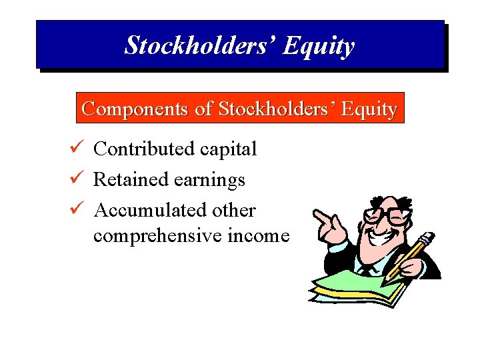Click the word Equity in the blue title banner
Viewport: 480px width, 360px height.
pyautogui.click(x=319, y=46)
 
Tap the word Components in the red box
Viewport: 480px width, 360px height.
pyautogui.click(x=135, y=109)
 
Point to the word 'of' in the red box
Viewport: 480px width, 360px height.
pyautogui.click(x=204, y=109)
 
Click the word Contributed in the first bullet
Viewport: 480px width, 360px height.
pyautogui.click(x=145, y=149)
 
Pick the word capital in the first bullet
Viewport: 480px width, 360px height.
pyautogui.click(x=229, y=150)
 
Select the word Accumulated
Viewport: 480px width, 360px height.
pyautogui.click(x=151, y=210)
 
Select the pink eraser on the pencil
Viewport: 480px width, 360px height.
pyautogui.click(x=429, y=236)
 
